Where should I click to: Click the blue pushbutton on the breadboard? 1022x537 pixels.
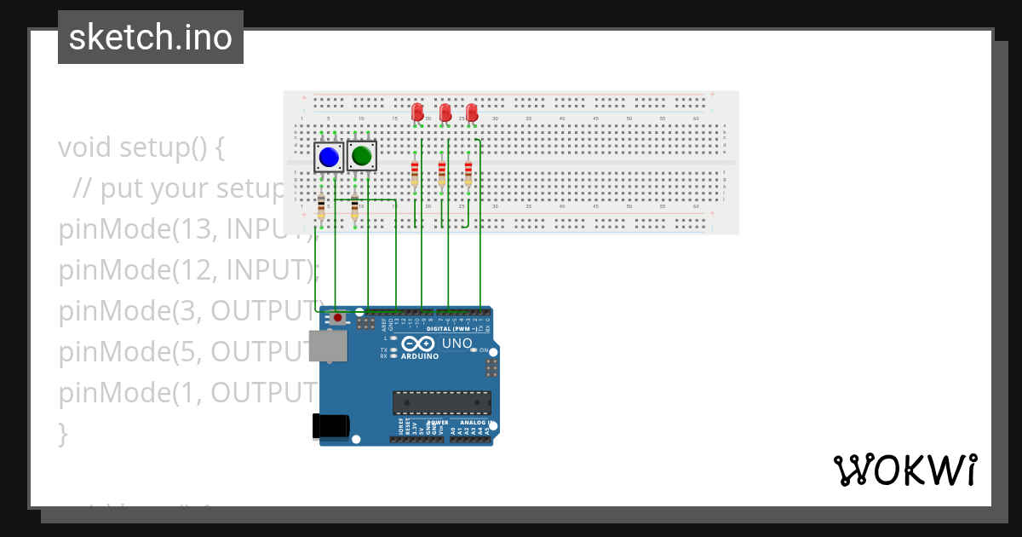(x=329, y=157)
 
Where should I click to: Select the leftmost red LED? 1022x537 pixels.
(x=417, y=112)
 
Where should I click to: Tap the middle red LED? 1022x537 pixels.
(x=445, y=112)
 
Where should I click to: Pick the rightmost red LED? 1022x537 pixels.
(x=472, y=112)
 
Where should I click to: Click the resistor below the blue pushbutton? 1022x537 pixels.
(x=321, y=206)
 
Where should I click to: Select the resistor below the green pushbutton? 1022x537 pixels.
(x=354, y=206)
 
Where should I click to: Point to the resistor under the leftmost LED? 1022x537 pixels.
(x=415, y=172)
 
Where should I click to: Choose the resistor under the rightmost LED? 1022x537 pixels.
(x=468, y=172)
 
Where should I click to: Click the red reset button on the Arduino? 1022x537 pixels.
(x=338, y=318)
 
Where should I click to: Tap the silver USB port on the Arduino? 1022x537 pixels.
(x=328, y=346)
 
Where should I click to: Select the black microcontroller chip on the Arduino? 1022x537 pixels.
(x=441, y=403)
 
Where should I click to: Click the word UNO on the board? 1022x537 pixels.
(x=456, y=344)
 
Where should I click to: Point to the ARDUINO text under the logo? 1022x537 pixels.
(x=419, y=356)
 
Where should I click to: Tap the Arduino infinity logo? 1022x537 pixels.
(x=418, y=344)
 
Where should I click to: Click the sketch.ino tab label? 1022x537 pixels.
(x=151, y=38)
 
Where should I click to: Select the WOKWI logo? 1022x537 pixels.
(x=904, y=470)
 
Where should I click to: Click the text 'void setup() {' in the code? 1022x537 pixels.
(x=141, y=147)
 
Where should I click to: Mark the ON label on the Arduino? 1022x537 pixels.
(x=483, y=350)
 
